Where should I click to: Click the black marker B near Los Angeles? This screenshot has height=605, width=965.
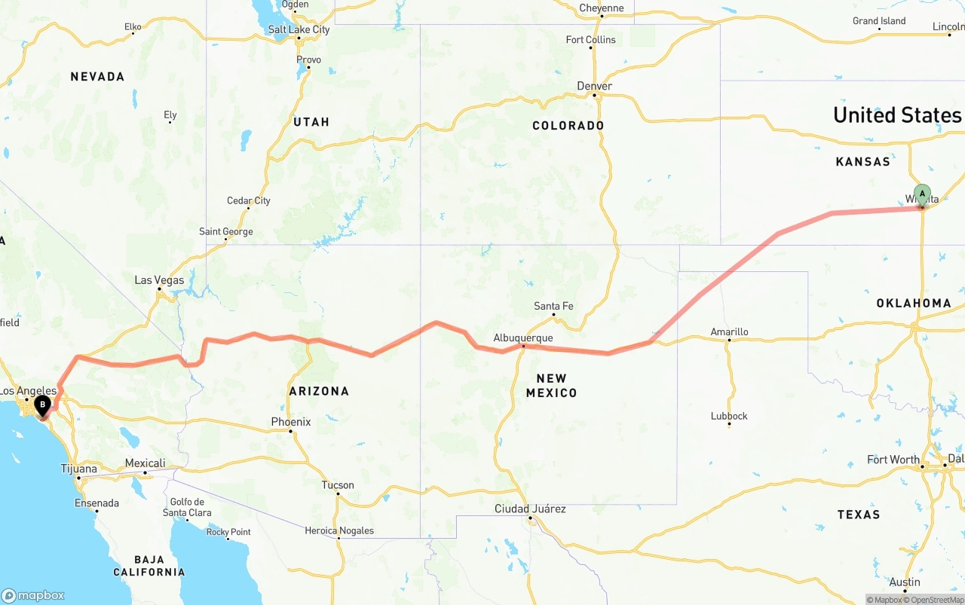point(43,405)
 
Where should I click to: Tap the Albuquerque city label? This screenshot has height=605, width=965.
point(523,338)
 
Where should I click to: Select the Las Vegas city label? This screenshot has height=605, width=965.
point(159,280)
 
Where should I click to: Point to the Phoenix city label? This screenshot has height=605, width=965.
point(291,422)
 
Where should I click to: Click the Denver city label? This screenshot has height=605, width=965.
point(594,86)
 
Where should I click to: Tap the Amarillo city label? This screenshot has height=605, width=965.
point(729,332)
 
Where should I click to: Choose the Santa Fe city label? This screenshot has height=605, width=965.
point(553,306)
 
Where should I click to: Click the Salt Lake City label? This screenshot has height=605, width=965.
point(299,29)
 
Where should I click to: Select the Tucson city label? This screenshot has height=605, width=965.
point(338,485)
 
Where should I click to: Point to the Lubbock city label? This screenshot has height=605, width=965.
point(729,416)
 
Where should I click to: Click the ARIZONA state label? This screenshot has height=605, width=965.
point(319,391)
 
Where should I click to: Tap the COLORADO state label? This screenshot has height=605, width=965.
point(568,126)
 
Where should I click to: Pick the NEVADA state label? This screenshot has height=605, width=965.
point(97,77)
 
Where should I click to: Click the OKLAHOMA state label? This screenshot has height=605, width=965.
point(914,303)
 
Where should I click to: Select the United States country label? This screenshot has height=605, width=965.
point(897,115)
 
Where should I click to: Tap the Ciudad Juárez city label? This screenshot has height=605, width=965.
point(530,509)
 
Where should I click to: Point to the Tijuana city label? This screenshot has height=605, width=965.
point(78,469)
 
